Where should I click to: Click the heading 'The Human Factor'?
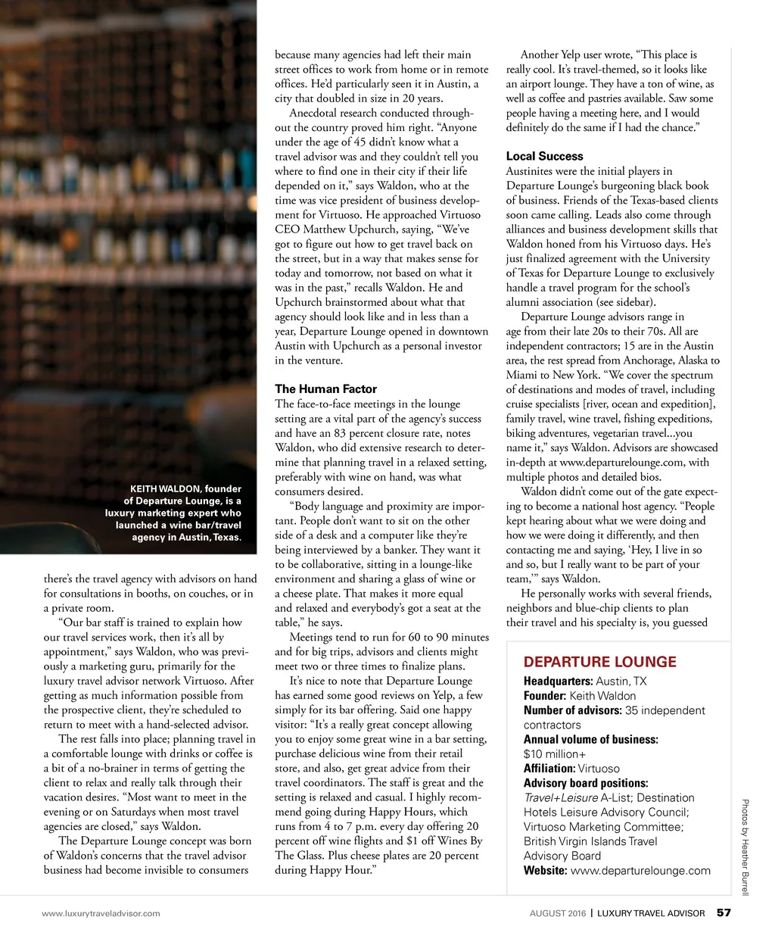pyautogui.click(x=325, y=389)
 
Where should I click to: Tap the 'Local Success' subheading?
pyautogui.click(x=544, y=156)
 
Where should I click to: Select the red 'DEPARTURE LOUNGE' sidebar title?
pyautogui.click(x=600, y=662)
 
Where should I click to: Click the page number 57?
pyautogui.click(x=724, y=912)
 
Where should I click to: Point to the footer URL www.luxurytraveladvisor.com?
pyautogui.click(x=101, y=913)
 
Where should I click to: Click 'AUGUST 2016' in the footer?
pyautogui.click(x=558, y=913)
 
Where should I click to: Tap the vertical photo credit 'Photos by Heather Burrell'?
pyautogui.click(x=745, y=847)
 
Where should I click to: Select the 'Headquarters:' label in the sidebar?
pyautogui.click(x=558, y=682)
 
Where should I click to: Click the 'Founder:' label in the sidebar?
pyautogui.click(x=545, y=696)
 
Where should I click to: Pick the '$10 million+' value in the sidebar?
pyautogui.click(x=555, y=754)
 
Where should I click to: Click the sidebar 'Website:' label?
pyautogui.click(x=545, y=871)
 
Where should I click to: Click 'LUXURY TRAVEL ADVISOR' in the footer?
pyautogui.click(x=651, y=913)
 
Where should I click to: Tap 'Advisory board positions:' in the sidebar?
pyautogui.click(x=586, y=783)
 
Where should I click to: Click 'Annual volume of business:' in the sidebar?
pyautogui.click(x=590, y=740)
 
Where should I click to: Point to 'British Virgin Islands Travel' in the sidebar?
pyautogui.click(x=590, y=841)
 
